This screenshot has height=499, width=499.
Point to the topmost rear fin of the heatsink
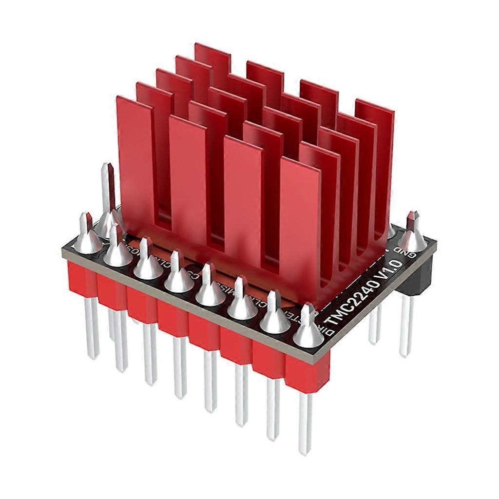point(212,58)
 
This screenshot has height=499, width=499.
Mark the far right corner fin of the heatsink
point(375,146)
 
